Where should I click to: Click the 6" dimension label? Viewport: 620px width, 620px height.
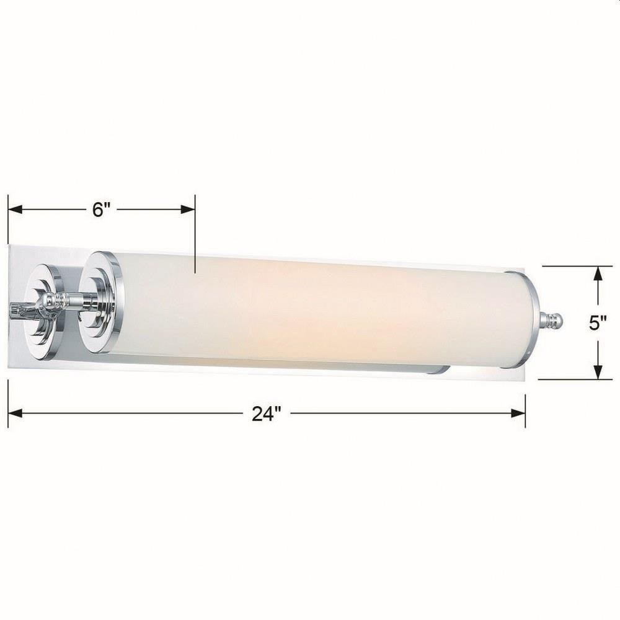101,210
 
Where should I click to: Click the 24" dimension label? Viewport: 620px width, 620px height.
267,414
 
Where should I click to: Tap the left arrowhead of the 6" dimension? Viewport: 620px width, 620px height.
15,210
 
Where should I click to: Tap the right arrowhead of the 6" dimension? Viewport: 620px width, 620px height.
188,210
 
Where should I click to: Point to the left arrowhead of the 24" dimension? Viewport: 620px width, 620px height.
15,414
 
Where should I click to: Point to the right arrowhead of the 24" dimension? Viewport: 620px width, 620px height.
518,414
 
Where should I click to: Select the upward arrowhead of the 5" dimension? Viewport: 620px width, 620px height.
598,274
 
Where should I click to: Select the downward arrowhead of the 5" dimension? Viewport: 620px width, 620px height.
598,371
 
